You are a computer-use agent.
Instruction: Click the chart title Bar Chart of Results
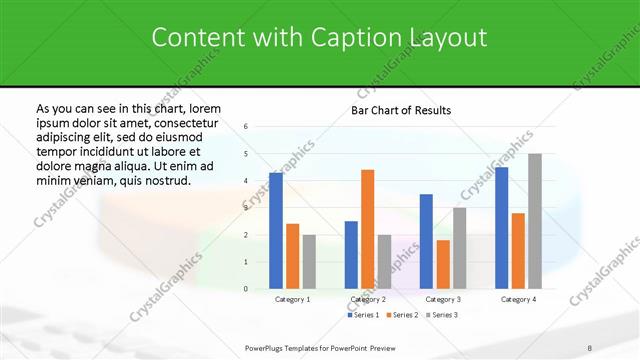click(400, 110)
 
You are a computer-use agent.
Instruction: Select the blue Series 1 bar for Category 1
click(276, 231)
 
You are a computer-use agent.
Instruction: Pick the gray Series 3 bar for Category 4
click(535, 221)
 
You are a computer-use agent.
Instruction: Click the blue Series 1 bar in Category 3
click(426, 241)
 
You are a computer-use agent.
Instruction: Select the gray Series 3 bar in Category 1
click(309, 262)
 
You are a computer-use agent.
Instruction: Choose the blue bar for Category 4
click(501, 228)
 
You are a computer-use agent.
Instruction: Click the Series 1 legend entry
click(365, 315)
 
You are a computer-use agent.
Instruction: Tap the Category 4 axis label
click(518, 299)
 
